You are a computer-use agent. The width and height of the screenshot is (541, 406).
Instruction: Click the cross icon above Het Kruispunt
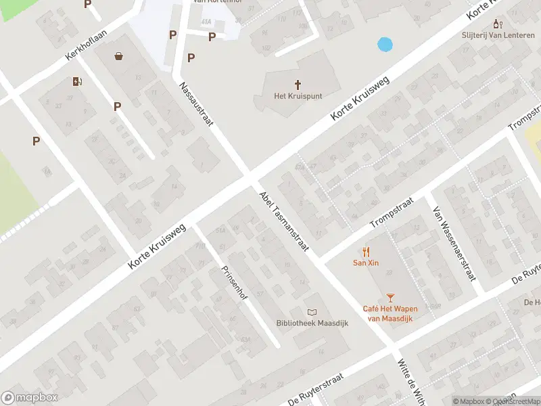pyautogui.click(x=298, y=84)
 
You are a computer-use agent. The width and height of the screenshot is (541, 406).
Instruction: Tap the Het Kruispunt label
pyautogui.click(x=298, y=97)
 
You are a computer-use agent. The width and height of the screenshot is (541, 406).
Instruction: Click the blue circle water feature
pyautogui.click(x=385, y=45)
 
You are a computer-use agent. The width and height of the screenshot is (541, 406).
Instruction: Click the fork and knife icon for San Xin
pyautogui.click(x=366, y=251)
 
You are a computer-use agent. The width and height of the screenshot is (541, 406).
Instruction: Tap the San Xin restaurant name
pyautogui.click(x=366, y=263)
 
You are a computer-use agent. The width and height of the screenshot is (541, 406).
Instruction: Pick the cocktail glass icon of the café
pyautogui.click(x=390, y=297)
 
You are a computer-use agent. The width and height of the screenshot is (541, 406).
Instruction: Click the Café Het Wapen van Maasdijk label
pyautogui.click(x=390, y=313)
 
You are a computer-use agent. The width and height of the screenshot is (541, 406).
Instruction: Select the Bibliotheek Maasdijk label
pyautogui.click(x=312, y=323)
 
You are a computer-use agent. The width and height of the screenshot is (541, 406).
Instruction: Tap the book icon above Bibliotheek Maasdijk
pyautogui.click(x=312, y=312)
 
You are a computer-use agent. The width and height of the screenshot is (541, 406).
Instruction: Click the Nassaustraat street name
pyautogui.click(x=196, y=105)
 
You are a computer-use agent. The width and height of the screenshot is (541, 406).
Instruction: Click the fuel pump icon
pyautogui.click(x=78, y=82)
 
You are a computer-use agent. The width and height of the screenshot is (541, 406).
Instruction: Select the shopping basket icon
pyautogui.click(x=119, y=57)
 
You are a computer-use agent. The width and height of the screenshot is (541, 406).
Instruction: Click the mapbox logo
pyautogui.click(x=30, y=398)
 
